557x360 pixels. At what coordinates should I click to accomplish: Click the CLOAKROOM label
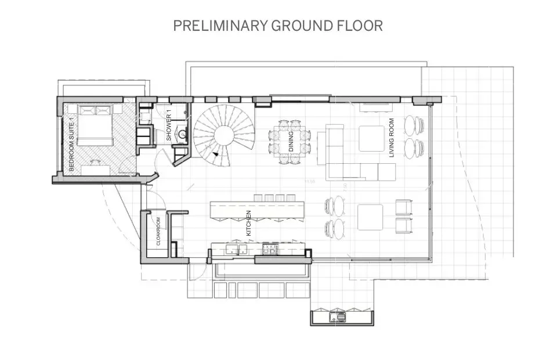pos(157,232)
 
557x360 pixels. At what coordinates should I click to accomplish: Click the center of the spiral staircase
pos(223,136)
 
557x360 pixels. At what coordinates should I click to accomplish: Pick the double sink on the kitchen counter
pos(236,250)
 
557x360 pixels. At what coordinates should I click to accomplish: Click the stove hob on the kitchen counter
pos(270,250)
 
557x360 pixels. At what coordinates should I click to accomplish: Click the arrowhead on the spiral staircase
pos(216,154)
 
